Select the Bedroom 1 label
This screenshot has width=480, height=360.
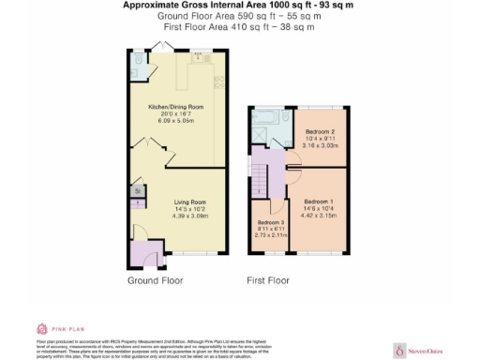(319, 202)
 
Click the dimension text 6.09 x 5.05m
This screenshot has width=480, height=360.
(178, 121)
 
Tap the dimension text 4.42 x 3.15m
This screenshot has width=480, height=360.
(319, 216)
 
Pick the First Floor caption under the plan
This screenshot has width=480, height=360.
(268, 280)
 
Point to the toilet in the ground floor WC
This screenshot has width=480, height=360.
(137, 60)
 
